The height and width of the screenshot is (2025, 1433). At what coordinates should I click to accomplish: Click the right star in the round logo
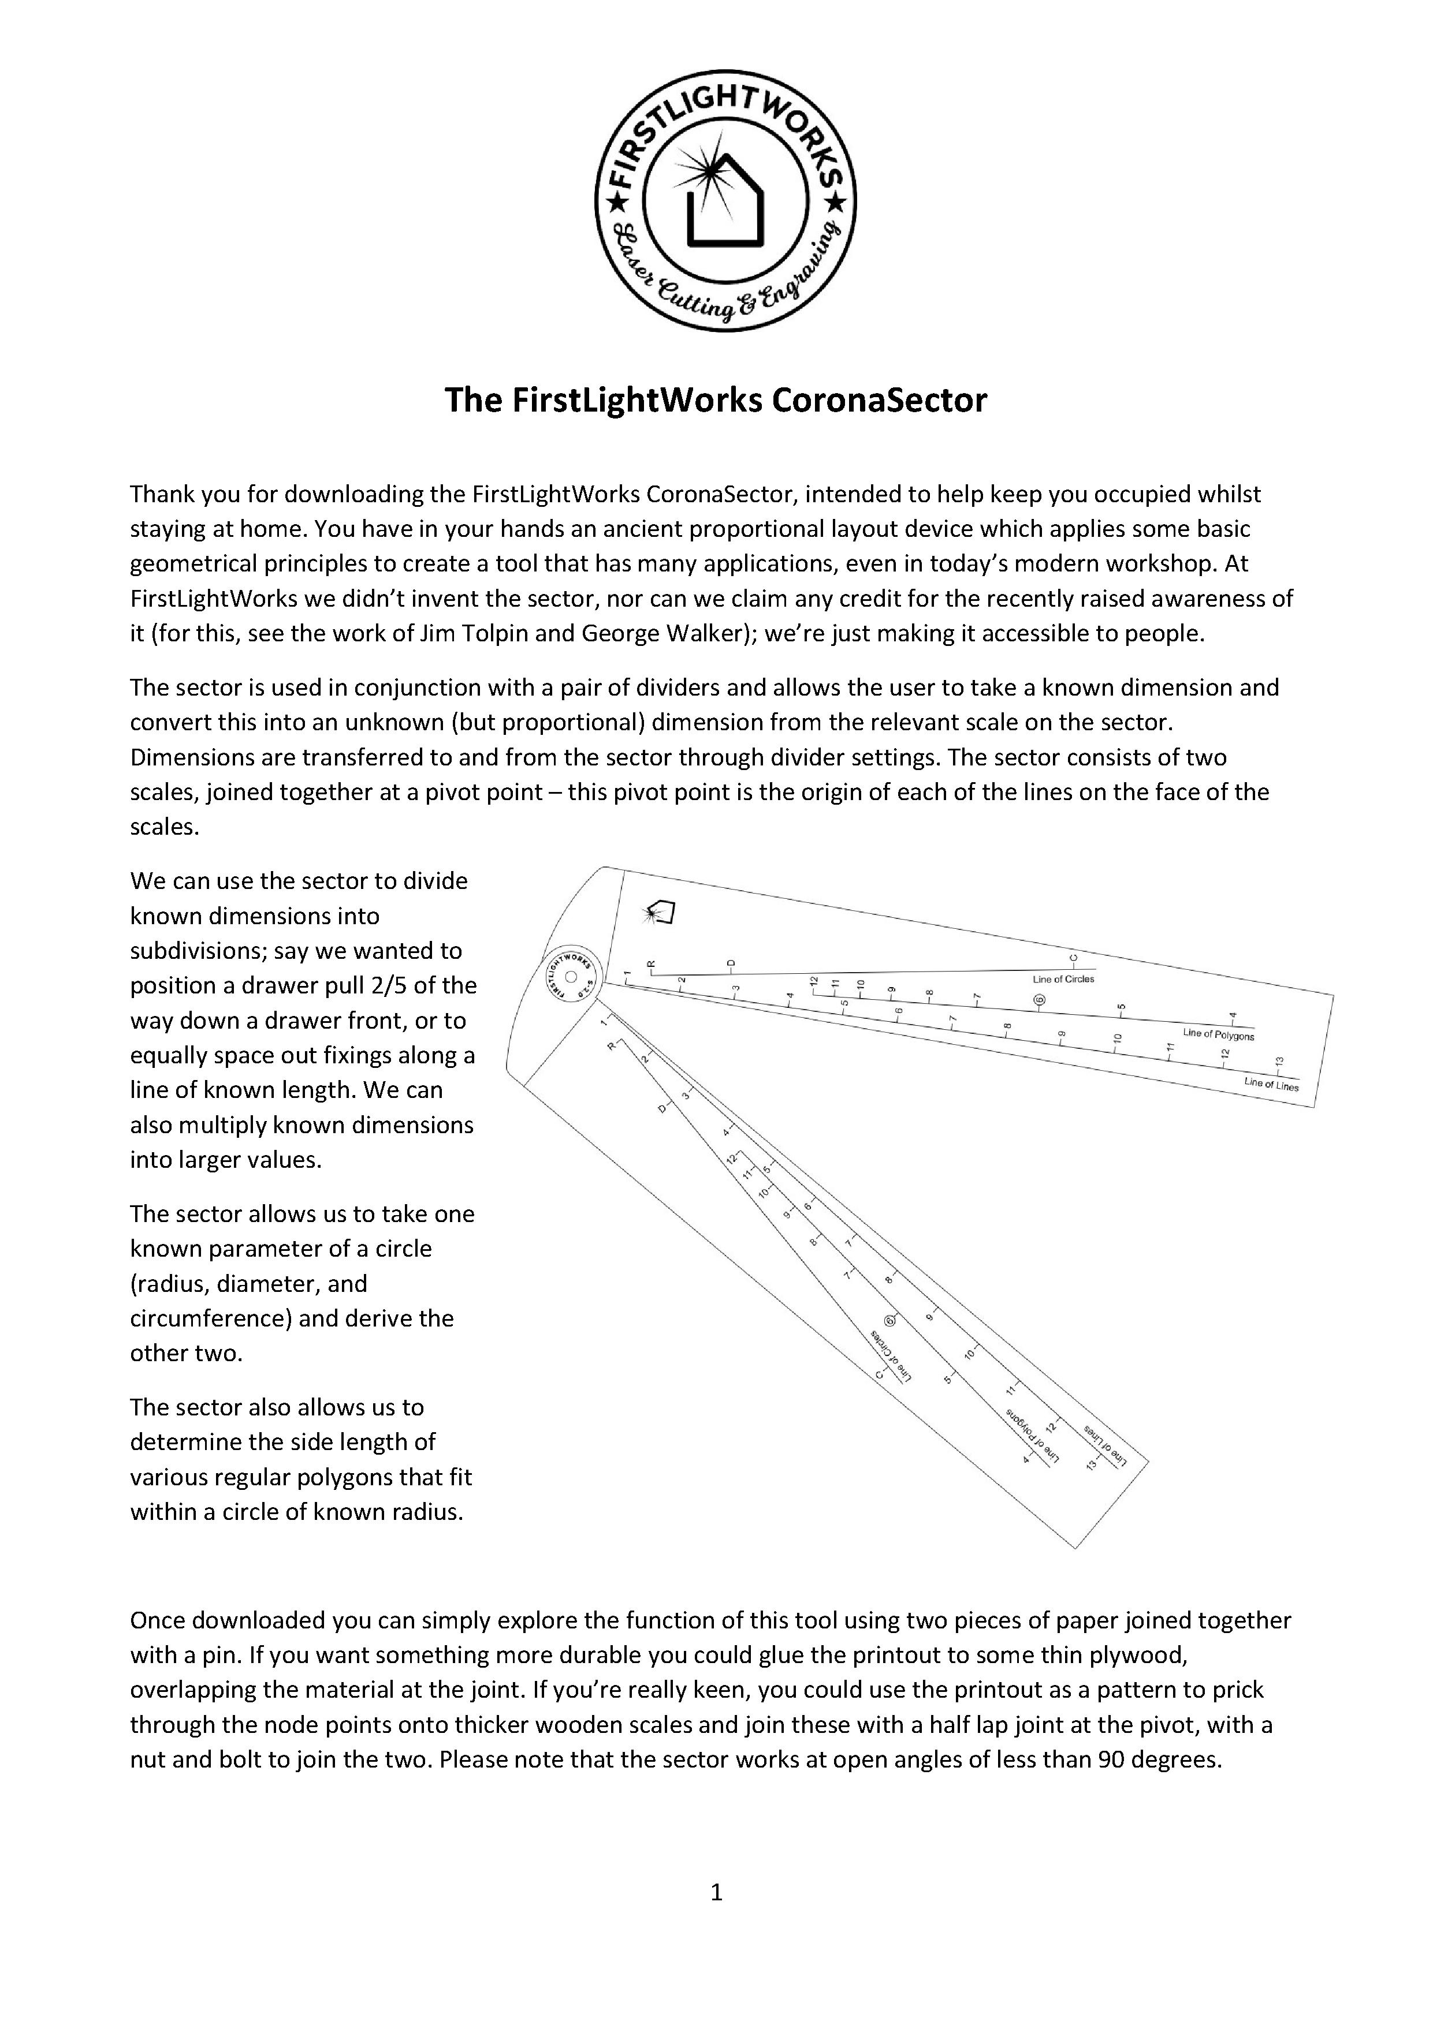coord(834,204)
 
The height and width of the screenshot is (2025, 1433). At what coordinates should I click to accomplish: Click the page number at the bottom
coord(716,1891)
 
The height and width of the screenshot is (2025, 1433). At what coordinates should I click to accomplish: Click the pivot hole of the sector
coord(569,976)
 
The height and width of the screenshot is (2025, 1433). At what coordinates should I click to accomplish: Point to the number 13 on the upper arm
coord(1279,1062)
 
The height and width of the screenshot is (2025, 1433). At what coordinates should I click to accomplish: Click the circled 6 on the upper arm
coord(1038,999)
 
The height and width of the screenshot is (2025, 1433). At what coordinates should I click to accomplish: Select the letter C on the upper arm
coord(1073,957)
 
